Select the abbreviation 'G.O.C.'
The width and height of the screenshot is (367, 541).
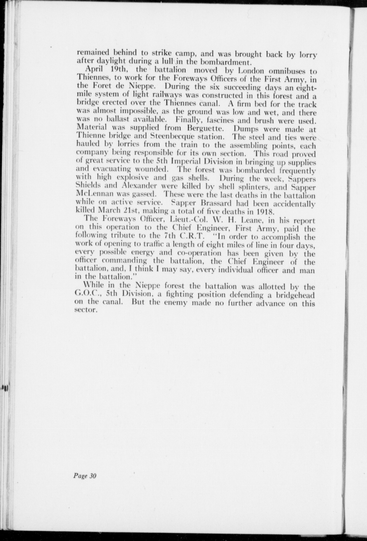point(87,294)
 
